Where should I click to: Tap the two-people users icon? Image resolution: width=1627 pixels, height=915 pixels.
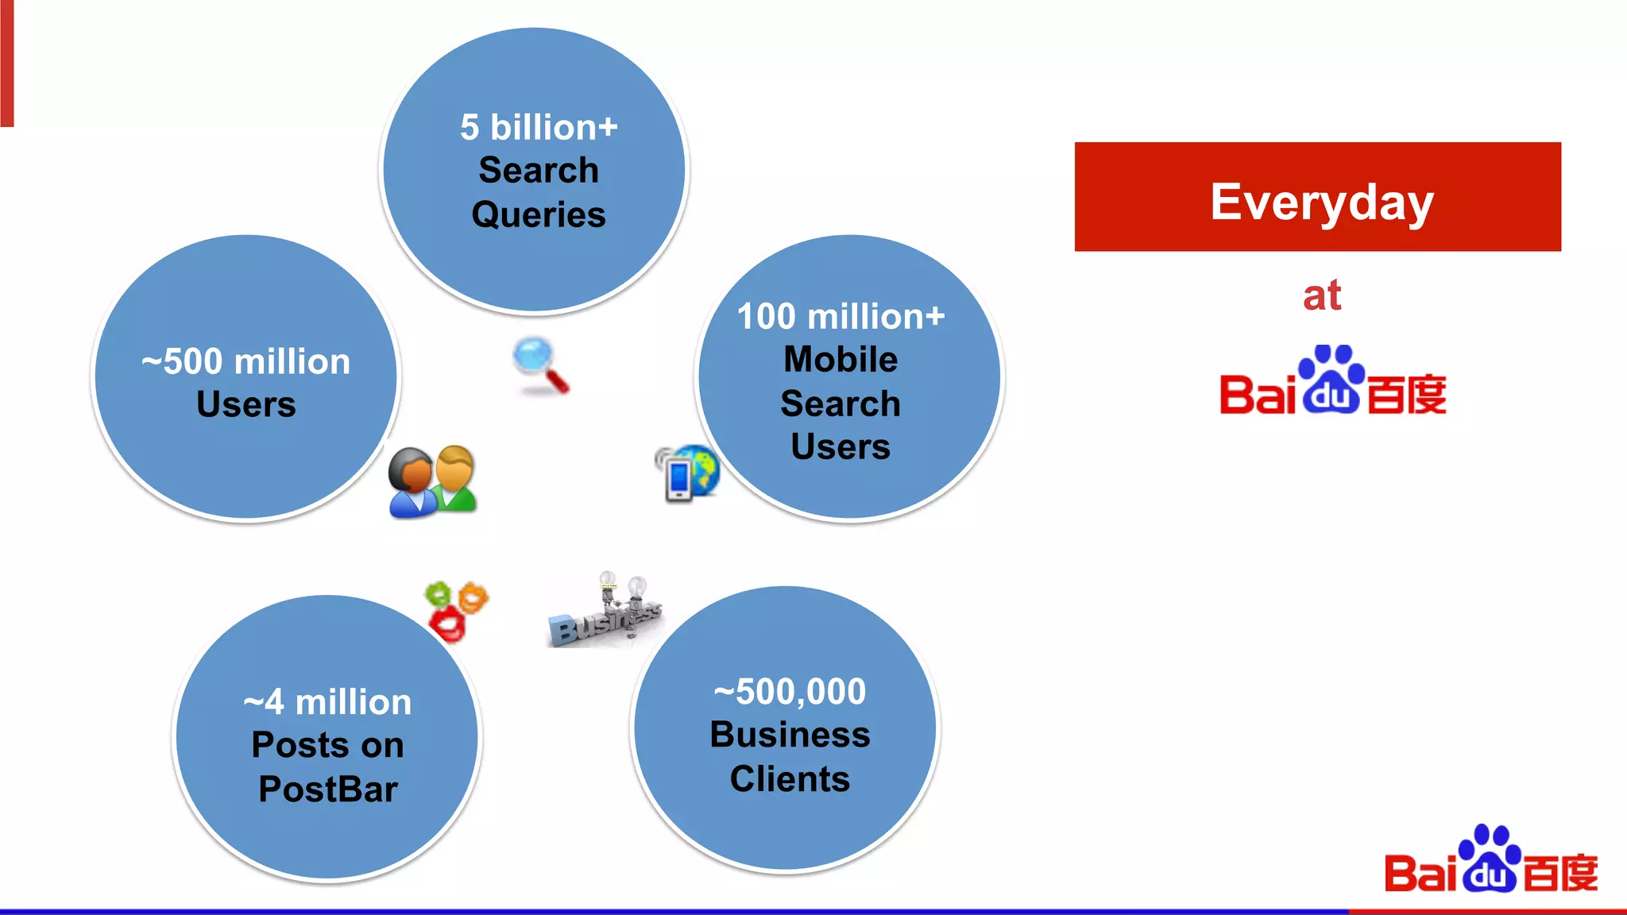pos(432,481)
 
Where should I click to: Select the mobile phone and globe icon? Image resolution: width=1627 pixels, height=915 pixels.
pos(686,473)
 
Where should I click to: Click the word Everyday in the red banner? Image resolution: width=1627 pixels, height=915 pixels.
pos(1321,202)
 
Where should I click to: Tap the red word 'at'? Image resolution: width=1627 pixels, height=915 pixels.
pos(1321,295)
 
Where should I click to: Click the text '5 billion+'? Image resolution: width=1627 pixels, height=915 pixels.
pos(539,127)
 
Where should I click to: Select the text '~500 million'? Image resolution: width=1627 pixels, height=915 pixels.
pos(245,361)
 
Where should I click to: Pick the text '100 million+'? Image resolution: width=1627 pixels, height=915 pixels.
pos(841,316)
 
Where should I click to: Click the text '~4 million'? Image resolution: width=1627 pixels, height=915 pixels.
pos(327,702)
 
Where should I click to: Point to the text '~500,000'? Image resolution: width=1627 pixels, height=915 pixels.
pos(790,691)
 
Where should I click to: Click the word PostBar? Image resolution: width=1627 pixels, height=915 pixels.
pos(327,790)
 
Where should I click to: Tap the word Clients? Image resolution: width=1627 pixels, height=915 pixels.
pos(790,779)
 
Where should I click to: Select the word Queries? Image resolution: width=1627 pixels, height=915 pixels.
pos(539,214)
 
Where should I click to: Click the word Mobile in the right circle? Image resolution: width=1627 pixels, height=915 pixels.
pos(841,359)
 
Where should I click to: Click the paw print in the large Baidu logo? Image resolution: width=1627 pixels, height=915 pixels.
pos(1331,380)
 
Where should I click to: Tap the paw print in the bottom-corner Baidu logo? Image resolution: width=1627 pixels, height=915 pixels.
pos(1490,858)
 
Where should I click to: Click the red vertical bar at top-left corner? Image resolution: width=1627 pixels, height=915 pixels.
pos(6,64)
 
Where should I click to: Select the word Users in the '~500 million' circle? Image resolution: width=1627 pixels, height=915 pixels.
pos(245,404)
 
